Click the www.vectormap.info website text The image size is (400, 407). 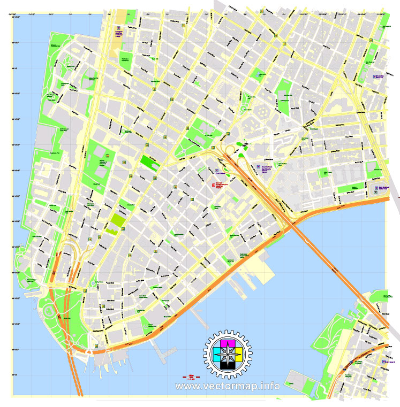(x=228, y=386)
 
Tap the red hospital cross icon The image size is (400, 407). (x=213, y=185)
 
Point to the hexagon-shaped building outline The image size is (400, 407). (x=263, y=113)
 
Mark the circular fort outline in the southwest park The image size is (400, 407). (x=49, y=310)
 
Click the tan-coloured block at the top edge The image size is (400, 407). (x=122, y=17)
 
